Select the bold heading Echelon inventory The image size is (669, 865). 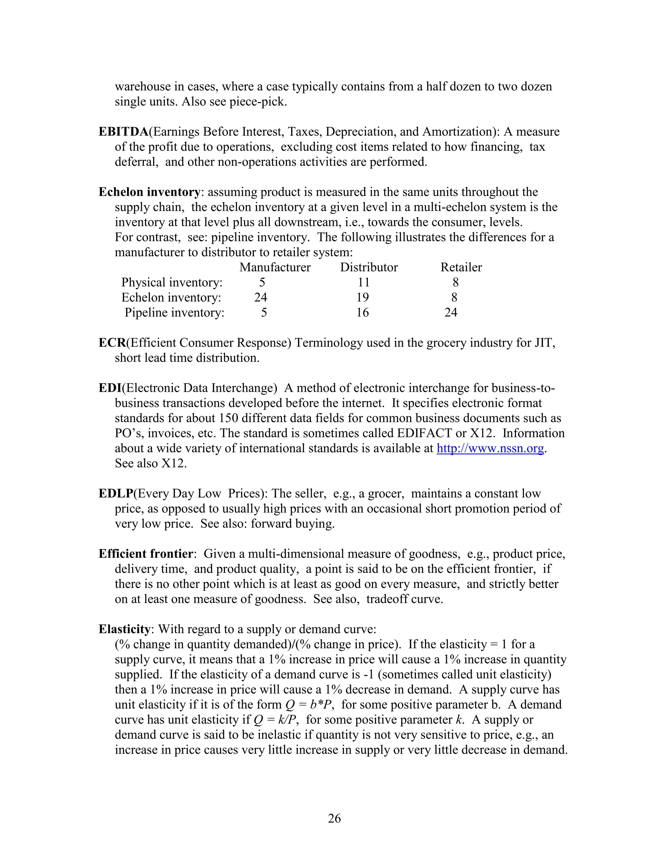(149, 192)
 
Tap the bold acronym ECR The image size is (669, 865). (112, 343)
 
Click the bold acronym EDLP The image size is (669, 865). (116, 494)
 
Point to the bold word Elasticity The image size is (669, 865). (124, 629)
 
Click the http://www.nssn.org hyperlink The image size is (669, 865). (490, 448)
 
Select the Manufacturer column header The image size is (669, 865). (275, 267)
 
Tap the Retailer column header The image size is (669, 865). (461, 267)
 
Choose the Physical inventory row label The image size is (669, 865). (171, 282)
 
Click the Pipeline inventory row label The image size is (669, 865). (174, 312)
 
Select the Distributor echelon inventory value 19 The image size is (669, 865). (362, 297)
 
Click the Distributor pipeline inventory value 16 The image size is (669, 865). (362, 312)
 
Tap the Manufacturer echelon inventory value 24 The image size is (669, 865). (260, 297)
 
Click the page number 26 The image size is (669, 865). (334, 818)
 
